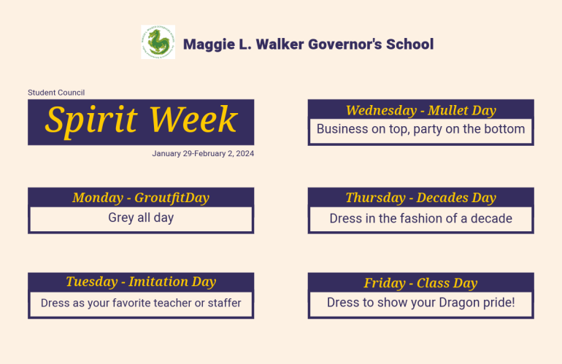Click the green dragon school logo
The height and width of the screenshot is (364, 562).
click(x=158, y=42)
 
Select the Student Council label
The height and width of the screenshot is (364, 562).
click(x=56, y=93)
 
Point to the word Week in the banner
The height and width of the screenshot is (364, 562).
click(x=193, y=120)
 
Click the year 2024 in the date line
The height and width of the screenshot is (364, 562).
click(x=245, y=153)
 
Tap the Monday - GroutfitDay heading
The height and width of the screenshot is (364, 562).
click(x=141, y=198)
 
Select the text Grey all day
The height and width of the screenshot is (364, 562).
click(x=141, y=218)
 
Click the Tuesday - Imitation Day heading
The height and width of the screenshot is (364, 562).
click(x=141, y=282)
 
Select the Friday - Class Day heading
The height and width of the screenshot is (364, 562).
click(x=421, y=283)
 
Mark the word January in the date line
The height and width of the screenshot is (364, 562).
click(x=166, y=154)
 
